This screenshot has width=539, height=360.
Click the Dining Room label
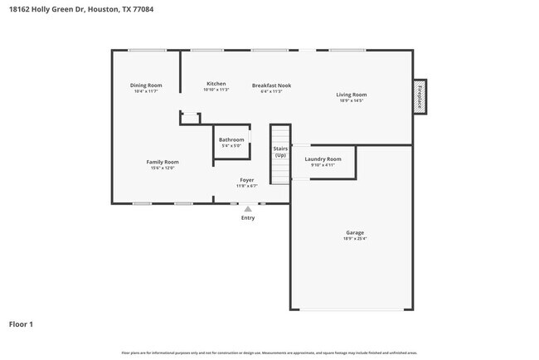146,85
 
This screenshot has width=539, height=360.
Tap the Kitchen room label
216,84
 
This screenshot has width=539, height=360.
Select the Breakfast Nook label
271,85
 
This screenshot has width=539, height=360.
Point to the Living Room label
351,95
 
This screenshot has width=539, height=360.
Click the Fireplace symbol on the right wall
420,96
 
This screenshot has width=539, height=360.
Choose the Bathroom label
231,139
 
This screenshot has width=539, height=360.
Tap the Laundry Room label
323,158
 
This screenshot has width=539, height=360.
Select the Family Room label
163,162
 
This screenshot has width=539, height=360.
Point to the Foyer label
247,180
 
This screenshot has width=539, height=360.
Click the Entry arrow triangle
247,209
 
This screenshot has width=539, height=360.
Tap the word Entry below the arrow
248,218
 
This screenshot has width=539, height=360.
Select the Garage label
355,232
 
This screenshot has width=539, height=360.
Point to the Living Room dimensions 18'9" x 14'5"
351,101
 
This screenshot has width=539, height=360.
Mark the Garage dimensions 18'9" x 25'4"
355,239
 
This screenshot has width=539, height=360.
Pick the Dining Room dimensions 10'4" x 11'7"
146,91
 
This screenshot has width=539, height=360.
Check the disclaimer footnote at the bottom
269,353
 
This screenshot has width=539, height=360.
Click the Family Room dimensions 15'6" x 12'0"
163,168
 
